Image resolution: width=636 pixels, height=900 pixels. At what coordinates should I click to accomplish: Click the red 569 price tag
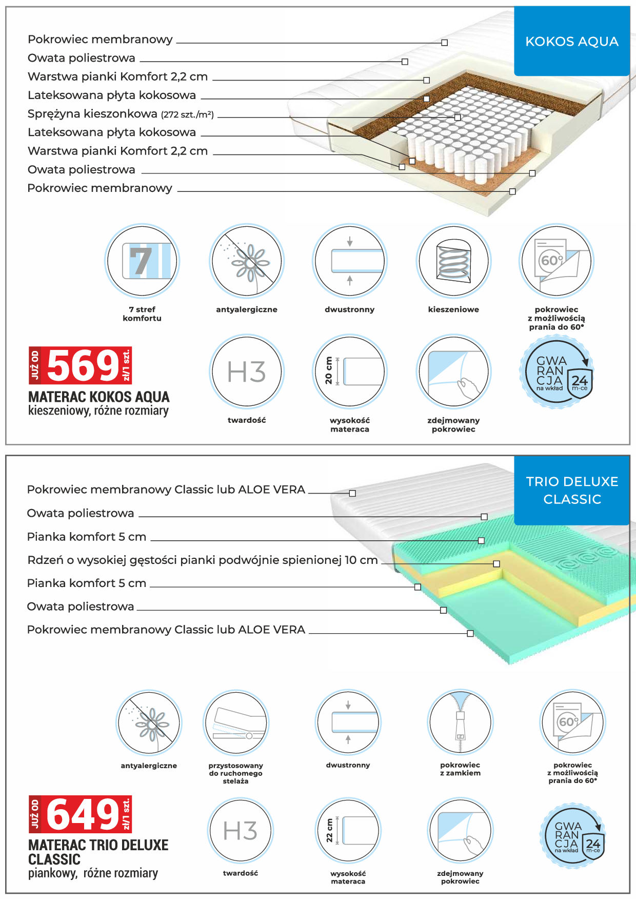point(80,365)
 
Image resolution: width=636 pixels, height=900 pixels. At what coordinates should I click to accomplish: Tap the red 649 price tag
point(80,814)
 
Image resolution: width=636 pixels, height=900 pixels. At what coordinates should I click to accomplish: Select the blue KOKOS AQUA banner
point(572,41)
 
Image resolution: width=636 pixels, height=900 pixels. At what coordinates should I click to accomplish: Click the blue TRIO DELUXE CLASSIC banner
point(572,490)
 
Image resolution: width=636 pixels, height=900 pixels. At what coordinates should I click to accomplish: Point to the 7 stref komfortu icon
point(142,261)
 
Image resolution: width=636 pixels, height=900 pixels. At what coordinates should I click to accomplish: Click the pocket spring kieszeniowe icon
point(453,261)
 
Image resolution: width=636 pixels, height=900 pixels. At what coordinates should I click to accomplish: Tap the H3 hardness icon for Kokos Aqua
point(247,371)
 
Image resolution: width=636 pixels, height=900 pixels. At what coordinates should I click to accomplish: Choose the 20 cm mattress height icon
point(350,371)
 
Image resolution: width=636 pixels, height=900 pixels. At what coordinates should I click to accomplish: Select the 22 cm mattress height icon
point(348,830)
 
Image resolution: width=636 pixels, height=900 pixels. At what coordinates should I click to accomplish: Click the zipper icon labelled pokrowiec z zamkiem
point(460,722)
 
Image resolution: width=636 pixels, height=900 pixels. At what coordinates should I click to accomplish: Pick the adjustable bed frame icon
point(236,722)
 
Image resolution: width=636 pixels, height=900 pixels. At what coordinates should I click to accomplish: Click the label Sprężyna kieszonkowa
point(92,113)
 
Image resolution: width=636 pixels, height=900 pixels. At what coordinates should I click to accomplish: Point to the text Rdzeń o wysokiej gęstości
point(123,560)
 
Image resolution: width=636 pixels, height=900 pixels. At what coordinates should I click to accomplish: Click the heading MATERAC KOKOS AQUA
point(99,397)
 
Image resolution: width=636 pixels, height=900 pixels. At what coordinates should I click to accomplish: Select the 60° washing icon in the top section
point(556,261)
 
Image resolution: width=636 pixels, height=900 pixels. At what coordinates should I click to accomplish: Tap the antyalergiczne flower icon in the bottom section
point(149,722)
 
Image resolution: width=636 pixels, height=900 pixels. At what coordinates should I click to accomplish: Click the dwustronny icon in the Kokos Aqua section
point(350,261)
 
